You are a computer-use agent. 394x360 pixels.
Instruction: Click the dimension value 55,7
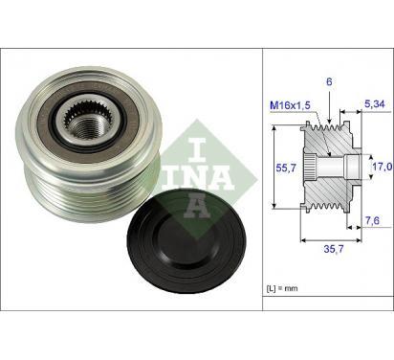[x=286, y=168]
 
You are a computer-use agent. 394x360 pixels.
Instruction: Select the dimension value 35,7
[x=334, y=249]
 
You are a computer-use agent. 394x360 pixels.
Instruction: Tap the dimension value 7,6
[x=372, y=220]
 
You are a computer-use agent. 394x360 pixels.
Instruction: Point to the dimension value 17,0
[x=383, y=167]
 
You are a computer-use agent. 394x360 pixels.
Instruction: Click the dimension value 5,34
[x=374, y=104]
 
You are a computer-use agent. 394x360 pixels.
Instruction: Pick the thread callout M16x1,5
[x=290, y=105]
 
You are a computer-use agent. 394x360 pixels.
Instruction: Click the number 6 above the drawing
[x=329, y=82]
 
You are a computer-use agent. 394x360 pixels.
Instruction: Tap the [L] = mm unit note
[x=282, y=288]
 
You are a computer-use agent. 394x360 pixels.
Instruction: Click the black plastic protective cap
[x=186, y=241]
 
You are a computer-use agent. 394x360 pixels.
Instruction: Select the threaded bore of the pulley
[x=85, y=127]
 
